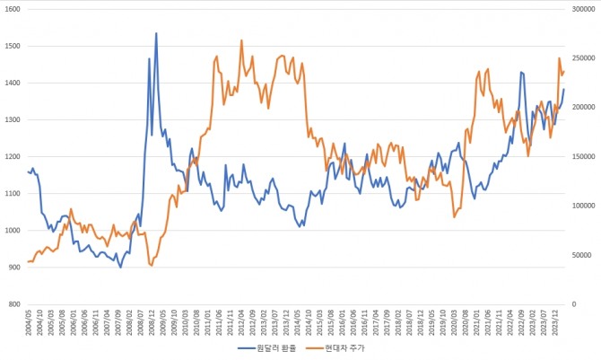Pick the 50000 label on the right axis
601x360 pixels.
point(581,255)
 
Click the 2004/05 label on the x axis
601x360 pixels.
point(30,321)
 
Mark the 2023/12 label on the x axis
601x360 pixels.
point(559,321)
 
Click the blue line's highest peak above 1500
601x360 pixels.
point(156,33)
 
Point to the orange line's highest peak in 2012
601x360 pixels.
point(241,40)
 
